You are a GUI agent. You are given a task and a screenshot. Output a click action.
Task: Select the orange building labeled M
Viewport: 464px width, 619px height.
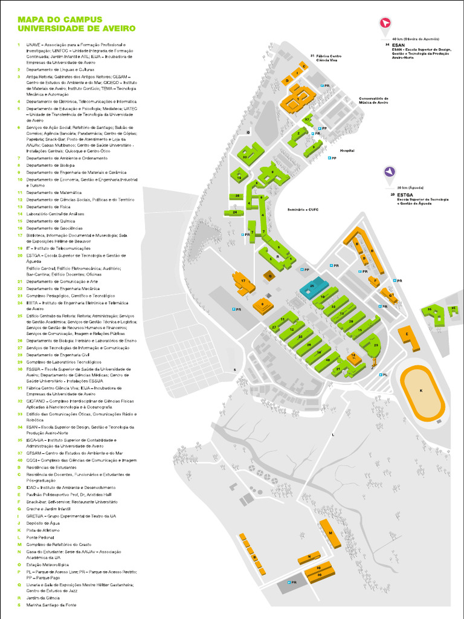[329, 532]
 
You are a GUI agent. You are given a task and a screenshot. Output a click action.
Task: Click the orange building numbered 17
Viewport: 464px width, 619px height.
[242, 282]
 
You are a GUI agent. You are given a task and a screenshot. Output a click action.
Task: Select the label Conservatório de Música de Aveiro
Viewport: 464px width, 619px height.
[373, 100]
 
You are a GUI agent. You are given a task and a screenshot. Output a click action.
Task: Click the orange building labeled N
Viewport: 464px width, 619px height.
[309, 556]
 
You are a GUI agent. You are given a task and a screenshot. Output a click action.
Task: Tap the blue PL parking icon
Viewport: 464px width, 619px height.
[381, 375]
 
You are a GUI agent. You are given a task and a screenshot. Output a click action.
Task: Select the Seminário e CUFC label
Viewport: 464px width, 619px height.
[303, 209]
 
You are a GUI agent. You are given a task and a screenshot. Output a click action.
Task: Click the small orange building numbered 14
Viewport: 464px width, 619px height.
[355, 357]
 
